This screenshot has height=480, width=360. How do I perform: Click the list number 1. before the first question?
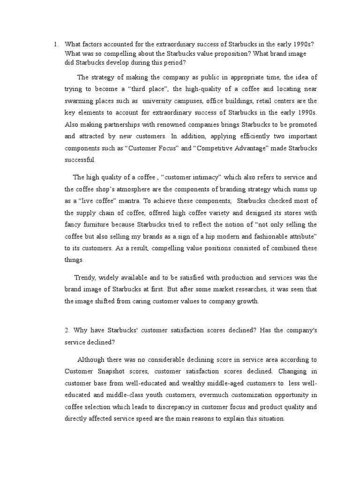click(x=56, y=45)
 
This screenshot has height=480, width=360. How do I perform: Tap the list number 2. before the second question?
click(x=67, y=330)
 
